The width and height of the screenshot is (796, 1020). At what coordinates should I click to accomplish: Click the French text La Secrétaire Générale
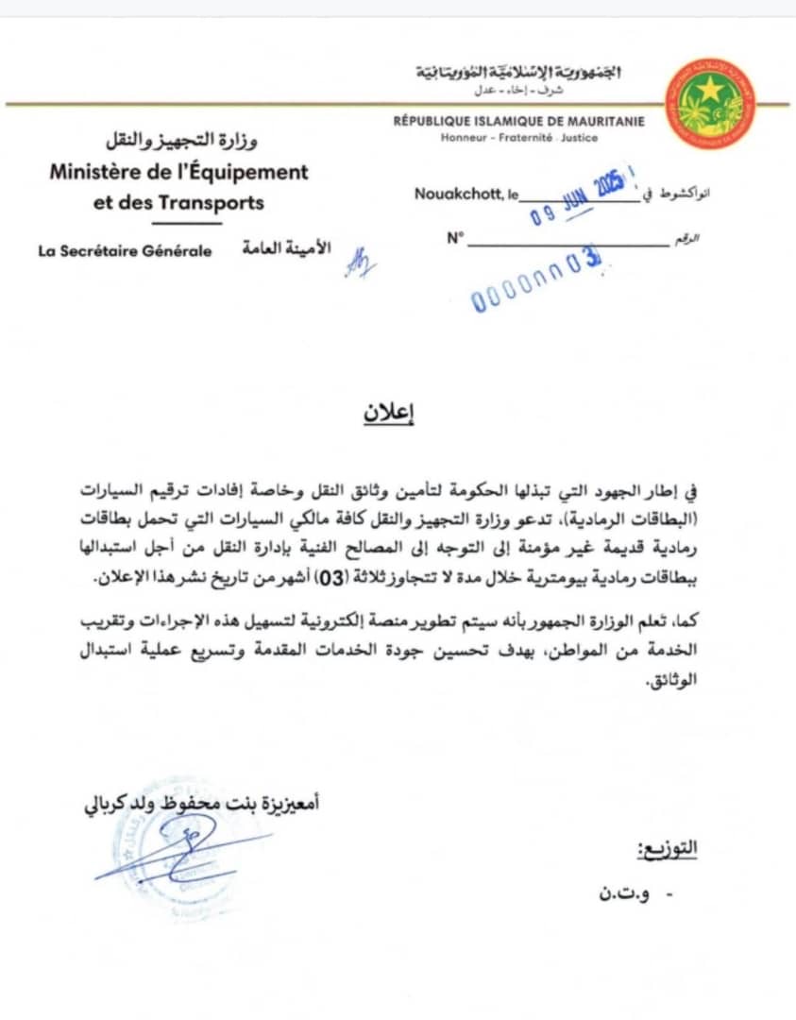[x=126, y=251]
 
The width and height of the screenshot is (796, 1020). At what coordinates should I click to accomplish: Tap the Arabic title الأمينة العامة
[x=281, y=249]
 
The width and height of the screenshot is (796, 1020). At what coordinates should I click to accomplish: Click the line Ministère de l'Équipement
[x=179, y=173]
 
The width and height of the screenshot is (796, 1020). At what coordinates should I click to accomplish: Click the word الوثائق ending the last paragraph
[x=674, y=681]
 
